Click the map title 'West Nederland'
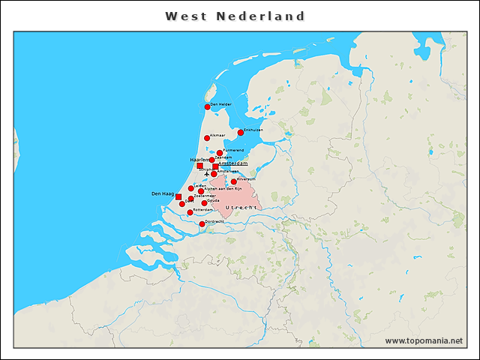click(x=235, y=16)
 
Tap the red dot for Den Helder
click(x=208, y=107)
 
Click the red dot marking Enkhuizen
click(x=241, y=133)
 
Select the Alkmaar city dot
click(x=207, y=138)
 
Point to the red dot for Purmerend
click(x=220, y=153)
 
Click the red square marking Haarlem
click(x=200, y=166)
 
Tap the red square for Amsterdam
click(x=216, y=166)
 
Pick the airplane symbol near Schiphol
click(x=207, y=175)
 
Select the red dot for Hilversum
click(x=234, y=181)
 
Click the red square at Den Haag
click(x=178, y=196)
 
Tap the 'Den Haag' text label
click(x=163, y=193)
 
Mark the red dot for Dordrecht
click(x=202, y=223)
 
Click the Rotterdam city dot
click(x=190, y=212)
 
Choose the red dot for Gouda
click(x=204, y=203)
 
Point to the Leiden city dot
click(x=191, y=188)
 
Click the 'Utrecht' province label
click(x=241, y=207)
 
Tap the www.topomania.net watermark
click(x=424, y=340)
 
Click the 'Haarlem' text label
click(x=196, y=160)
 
